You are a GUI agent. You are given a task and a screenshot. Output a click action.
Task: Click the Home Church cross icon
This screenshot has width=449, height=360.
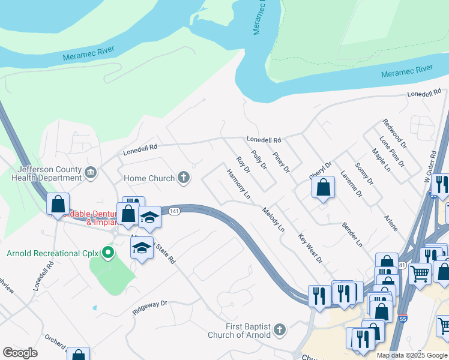(x=184, y=178)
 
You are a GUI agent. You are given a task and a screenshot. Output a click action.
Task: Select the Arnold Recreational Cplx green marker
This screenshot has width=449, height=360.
(x=108, y=253)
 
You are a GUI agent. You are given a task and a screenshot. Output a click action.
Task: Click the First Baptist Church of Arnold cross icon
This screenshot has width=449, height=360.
(x=279, y=329)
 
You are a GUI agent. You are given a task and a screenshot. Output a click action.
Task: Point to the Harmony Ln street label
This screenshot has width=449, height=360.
(x=238, y=184)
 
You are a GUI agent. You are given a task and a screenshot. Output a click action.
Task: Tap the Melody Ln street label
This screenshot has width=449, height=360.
(x=273, y=220)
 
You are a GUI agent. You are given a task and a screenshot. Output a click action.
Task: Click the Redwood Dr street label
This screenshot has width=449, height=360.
(x=394, y=134)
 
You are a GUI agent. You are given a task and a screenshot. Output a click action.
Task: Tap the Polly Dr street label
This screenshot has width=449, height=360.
(x=260, y=162)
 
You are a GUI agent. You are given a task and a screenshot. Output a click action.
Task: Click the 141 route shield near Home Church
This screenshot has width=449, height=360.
(x=174, y=211)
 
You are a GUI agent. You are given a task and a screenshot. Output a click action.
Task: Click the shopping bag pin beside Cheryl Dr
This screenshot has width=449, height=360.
(x=323, y=187)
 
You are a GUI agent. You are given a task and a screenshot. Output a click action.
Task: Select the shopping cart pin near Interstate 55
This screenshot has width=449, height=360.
(x=420, y=274)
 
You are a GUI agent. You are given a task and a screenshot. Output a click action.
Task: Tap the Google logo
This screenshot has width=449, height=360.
(x=20, y=352)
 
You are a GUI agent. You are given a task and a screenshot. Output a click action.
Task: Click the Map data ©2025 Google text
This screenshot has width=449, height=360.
(x=411, y=355)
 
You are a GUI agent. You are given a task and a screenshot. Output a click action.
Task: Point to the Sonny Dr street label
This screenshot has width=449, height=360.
(x=364, y=173)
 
